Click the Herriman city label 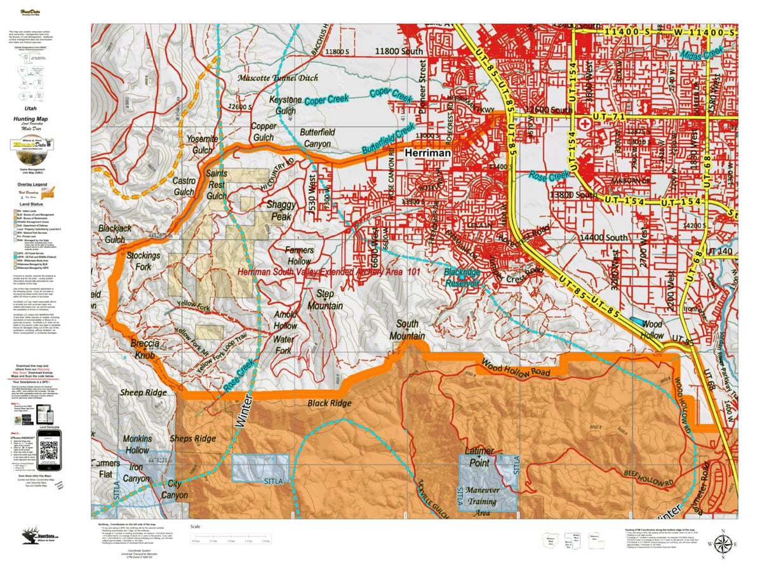click(x=427, y=154)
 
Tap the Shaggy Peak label click(x=278, y=210)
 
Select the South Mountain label click(x=407, y=330)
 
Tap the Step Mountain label click(x=325, y=300)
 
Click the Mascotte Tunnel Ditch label click(x=278, y=78)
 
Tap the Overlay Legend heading click(x=32, y=184)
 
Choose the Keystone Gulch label click(x=285, y=106)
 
